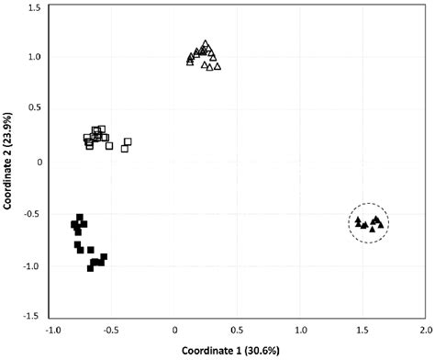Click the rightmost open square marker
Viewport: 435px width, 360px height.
tap(128, 141)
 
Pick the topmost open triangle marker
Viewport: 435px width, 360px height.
tap(206, 43)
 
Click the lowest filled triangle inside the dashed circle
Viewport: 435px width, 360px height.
tap(372, 229)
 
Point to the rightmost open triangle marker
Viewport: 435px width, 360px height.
tap(217, 66)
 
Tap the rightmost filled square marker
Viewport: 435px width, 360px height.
tap(104, 257)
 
